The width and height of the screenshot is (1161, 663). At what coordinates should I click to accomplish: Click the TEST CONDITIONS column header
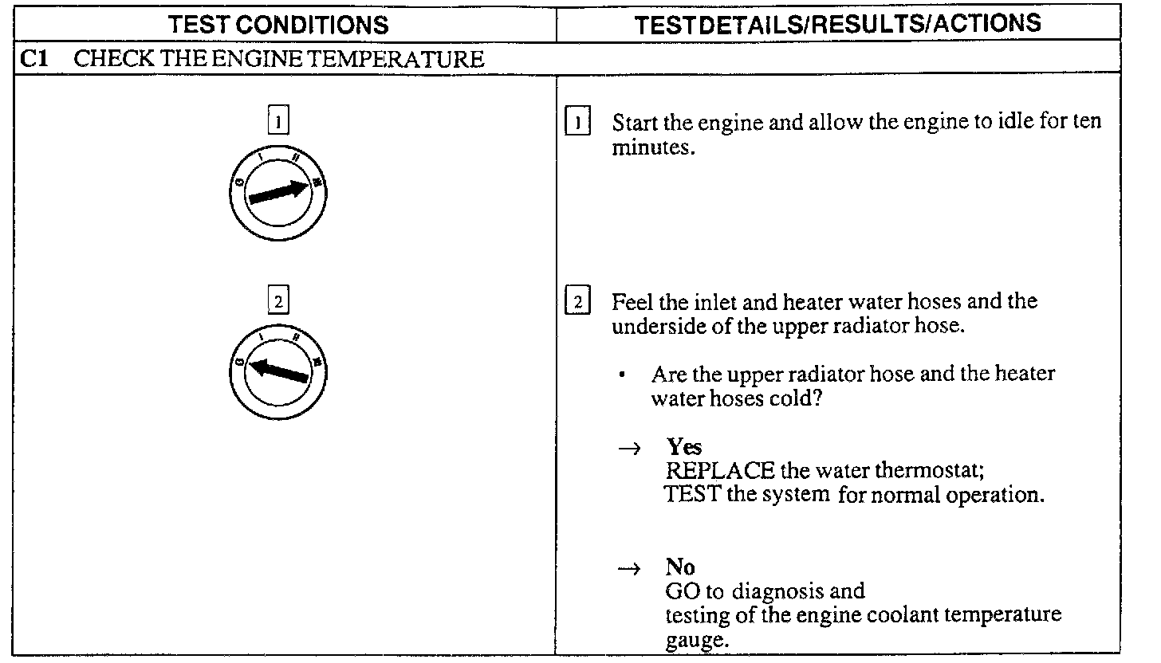[x=278, y=24]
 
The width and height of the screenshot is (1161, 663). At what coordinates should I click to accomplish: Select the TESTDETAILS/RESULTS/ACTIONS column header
[x=837, y=23]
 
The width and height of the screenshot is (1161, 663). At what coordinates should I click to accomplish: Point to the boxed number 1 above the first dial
[x=277, y=122]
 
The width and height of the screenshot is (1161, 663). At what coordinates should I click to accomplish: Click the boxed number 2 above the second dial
[x=277, y=302]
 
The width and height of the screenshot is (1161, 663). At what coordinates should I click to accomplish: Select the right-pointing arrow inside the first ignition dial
[x=278, y=192]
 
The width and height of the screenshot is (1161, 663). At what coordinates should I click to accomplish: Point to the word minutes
[x=651, y=148]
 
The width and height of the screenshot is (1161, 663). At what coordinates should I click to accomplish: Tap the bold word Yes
[x=684, y=446]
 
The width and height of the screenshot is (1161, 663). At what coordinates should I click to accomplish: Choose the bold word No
[x=680, y=567]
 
